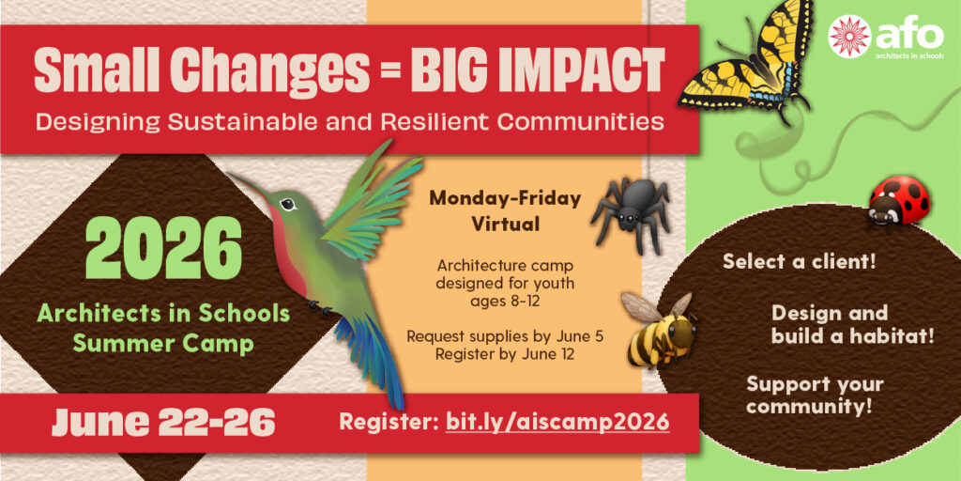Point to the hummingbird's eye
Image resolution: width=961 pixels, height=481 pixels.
point(287,204)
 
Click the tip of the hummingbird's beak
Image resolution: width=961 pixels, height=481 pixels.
point(229,173)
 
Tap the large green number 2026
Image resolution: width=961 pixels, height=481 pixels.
point(163,247)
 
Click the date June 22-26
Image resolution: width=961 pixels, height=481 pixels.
point(162,422)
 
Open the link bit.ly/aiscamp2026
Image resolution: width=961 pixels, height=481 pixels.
point(557,422)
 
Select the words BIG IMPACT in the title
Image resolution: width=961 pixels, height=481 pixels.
point(538,70)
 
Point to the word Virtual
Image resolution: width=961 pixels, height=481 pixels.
point(506,224)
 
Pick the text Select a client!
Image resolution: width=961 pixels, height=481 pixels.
point(800,261)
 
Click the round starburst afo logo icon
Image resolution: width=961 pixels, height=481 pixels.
point(848,37)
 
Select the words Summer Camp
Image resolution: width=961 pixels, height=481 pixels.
point(163,344)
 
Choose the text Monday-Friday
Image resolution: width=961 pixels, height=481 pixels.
point(505,199)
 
